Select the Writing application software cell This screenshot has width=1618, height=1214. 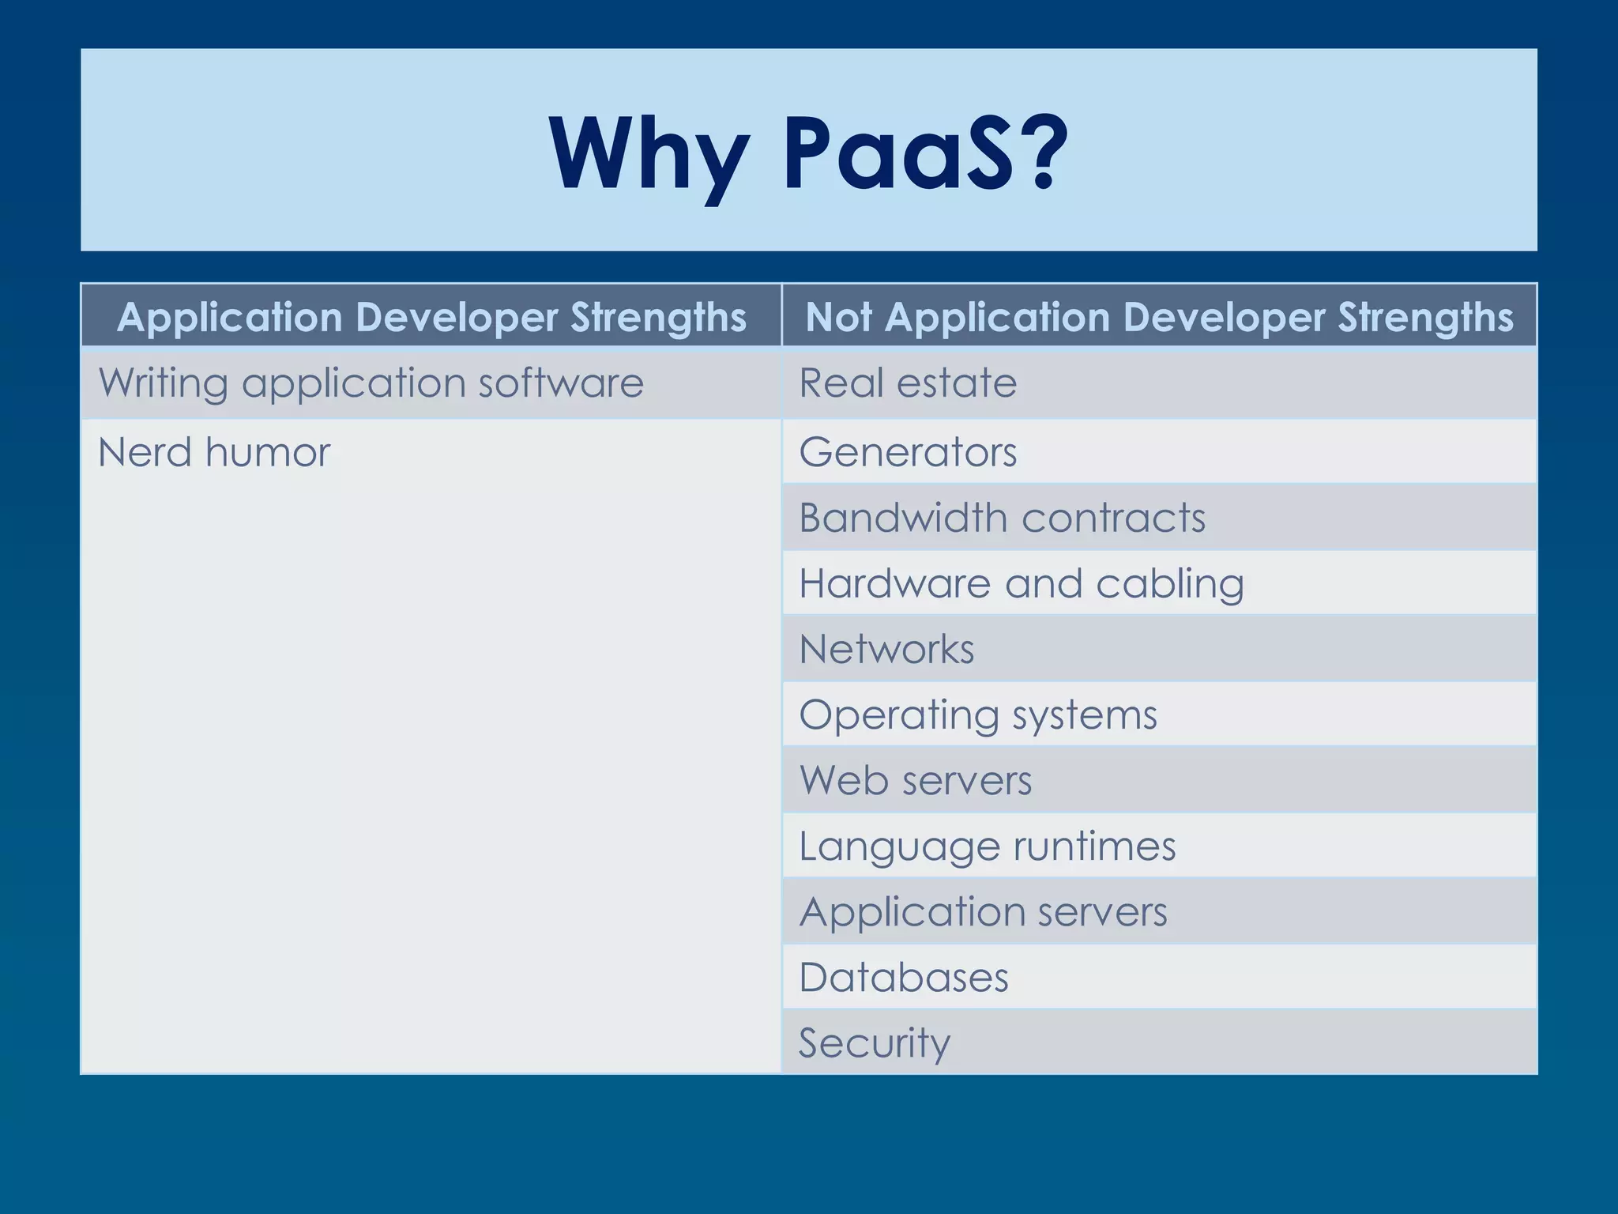pyautogui.click(x=371, y=384)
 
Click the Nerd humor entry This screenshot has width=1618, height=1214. pyautogui.click(x=213, y=453)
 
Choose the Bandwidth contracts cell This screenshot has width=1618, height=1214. pyautogui.click(x=1001, y=518)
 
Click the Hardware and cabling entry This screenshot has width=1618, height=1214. pyautogui.click(x=1021, y=584)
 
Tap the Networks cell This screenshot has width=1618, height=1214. pyautogui.click(x=886, y=650)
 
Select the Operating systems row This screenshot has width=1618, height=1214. pyautogui.click(x=977, y=715)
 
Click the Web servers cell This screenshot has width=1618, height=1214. pyautogui.click(x=915, y=781)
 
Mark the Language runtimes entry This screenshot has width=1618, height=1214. pyautogui.click(x=987, y=846)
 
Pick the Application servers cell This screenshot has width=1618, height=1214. pyautogui.click(x=982, y=912)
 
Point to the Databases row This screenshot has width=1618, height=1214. pyautogui.click(x=903, y=978)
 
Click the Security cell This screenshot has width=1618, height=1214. pyautogui.click(x=874, y=1043)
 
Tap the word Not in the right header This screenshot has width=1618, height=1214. pyautogui.click(x=838, y=318)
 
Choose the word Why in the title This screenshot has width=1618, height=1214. pyautogui.click(x=649, y=152)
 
